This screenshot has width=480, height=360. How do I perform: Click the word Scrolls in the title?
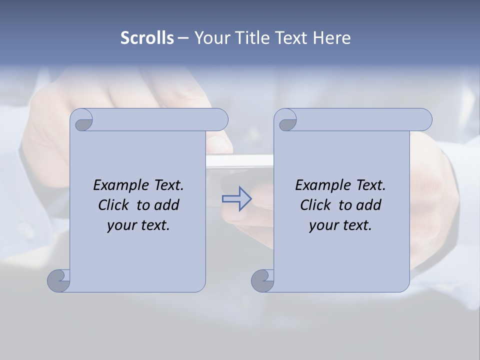147,38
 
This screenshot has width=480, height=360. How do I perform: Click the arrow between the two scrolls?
236,199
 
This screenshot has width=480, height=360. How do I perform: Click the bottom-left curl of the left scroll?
58,280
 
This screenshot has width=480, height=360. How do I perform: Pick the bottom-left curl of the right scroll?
261,280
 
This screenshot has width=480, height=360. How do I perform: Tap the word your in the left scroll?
120,225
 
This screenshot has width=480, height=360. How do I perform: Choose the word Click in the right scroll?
315,205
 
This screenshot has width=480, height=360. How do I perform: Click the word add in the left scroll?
166,205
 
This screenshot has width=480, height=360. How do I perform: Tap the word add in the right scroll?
368,205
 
